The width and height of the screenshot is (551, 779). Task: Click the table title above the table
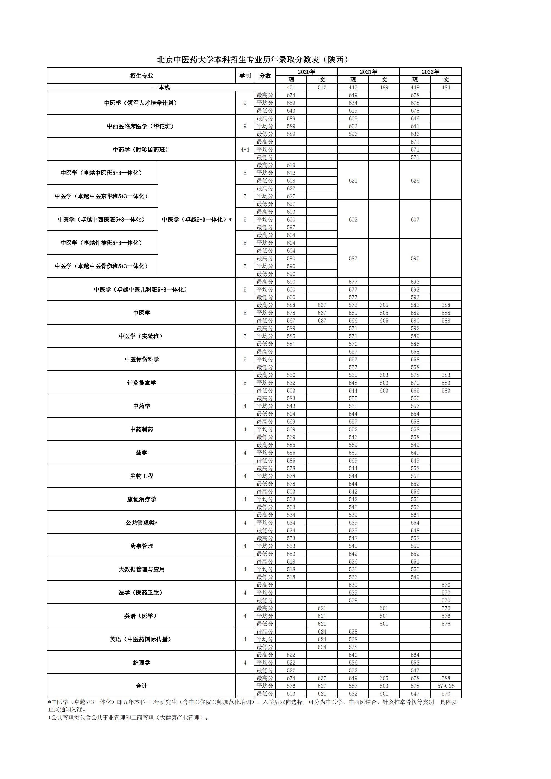pos(252,60)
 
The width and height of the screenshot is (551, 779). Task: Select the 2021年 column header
pos(368,72)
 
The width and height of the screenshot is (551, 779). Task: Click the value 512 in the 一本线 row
pos(322,87)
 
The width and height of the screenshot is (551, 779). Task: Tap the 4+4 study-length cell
pos(245,150)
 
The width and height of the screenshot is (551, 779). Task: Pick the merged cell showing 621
pos(353,181)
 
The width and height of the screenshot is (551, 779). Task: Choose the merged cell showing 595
pos(415,258)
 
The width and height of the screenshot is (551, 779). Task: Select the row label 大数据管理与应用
pos(141,569)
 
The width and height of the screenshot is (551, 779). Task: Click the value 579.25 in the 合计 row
pos(446,686)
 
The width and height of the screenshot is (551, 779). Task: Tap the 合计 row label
pos(141,686)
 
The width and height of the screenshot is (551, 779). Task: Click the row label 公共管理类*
pos(141,523)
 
